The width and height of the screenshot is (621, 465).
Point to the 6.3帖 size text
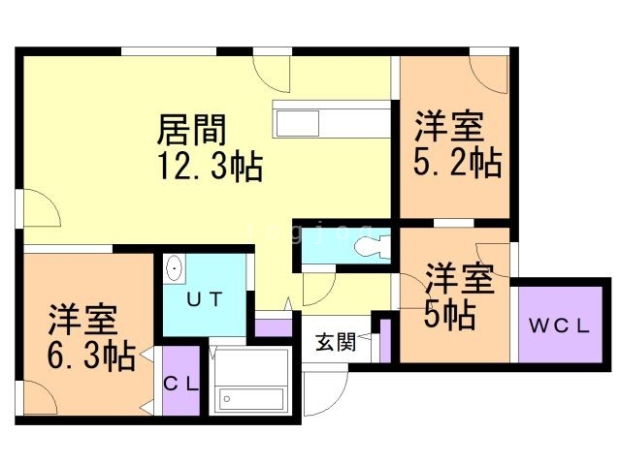(90, 355)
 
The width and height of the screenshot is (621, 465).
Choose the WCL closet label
(559, 325)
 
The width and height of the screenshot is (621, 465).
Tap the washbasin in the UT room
(175, 268)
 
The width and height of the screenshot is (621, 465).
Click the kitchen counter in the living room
(329, 122)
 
